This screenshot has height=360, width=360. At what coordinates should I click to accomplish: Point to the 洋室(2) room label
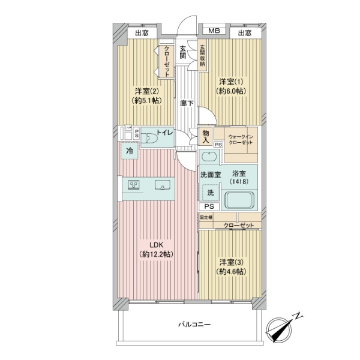(146, 96)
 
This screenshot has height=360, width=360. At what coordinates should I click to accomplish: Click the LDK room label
(157, 249)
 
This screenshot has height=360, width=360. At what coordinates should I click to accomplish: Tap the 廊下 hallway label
(187, 103)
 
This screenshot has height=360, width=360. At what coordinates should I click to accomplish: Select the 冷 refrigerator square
(130, 151)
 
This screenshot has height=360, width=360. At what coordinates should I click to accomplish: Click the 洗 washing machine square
(211, 193)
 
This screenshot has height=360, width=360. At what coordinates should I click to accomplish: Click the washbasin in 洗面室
(209, 158)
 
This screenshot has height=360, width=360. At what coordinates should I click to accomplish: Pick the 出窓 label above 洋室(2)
(142, 33)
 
